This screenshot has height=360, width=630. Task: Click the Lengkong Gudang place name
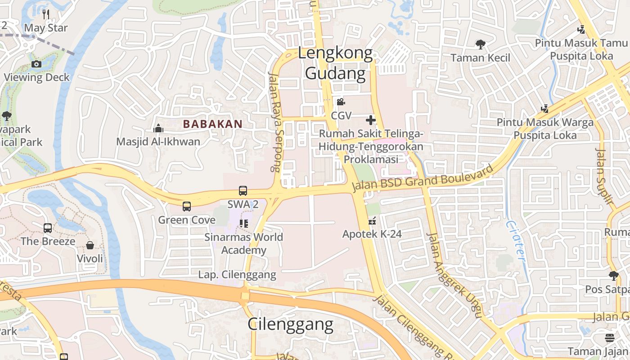[336, 63]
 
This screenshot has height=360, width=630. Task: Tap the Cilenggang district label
[291, 324]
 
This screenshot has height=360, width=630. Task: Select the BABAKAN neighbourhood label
[213, 124]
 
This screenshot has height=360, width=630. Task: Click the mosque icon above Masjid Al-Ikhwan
[158, 129]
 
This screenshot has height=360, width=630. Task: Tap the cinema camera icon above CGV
[341, 102]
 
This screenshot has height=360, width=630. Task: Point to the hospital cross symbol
[371, 120]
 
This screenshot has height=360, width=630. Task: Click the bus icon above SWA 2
[243, 191]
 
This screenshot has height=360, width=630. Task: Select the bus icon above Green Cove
[187, 207]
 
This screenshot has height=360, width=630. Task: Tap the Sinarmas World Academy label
[244, 243]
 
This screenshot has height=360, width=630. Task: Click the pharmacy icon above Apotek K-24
[372, 221]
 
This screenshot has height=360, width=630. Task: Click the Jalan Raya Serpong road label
[274, 121]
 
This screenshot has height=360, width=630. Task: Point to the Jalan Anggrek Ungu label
[454, 275]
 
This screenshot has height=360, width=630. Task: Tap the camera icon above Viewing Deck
[37, 64]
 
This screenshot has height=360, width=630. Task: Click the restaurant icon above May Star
[46, 14]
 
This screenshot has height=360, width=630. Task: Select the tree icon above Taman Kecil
[481, 45]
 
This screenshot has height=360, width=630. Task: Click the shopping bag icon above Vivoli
[90, 245]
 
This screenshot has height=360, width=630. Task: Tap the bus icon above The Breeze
[48, 228]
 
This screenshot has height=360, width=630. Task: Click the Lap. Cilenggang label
[237, 274]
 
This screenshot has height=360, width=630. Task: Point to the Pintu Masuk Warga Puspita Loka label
[545, 128]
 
